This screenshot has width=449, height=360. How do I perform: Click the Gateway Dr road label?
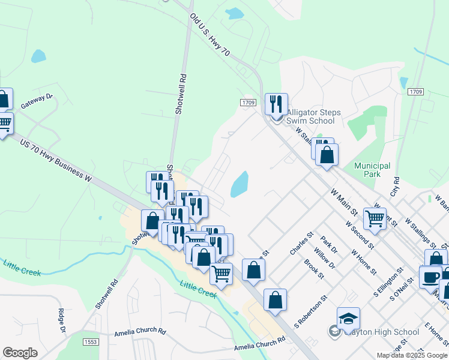click(37, 100)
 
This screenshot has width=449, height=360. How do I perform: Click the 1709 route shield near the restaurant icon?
click(249, 103)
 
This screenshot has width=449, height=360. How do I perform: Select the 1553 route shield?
click(91, 341)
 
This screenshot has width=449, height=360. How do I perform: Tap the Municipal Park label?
click(372, 170)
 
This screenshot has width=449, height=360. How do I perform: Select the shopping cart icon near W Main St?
click(375, 218)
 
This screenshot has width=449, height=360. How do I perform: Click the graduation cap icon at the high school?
click(348, 318)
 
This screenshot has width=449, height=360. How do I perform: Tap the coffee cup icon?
click(430, 277)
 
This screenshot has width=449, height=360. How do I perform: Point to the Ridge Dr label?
click(61, 320)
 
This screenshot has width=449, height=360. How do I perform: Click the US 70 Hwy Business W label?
click(55, 160)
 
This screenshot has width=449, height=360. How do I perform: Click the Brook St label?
click(315, 269)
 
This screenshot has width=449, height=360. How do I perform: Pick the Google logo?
click(20, 353)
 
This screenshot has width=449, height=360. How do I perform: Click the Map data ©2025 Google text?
click(411, 355)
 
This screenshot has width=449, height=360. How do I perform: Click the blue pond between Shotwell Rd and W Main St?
click(240, 184)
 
